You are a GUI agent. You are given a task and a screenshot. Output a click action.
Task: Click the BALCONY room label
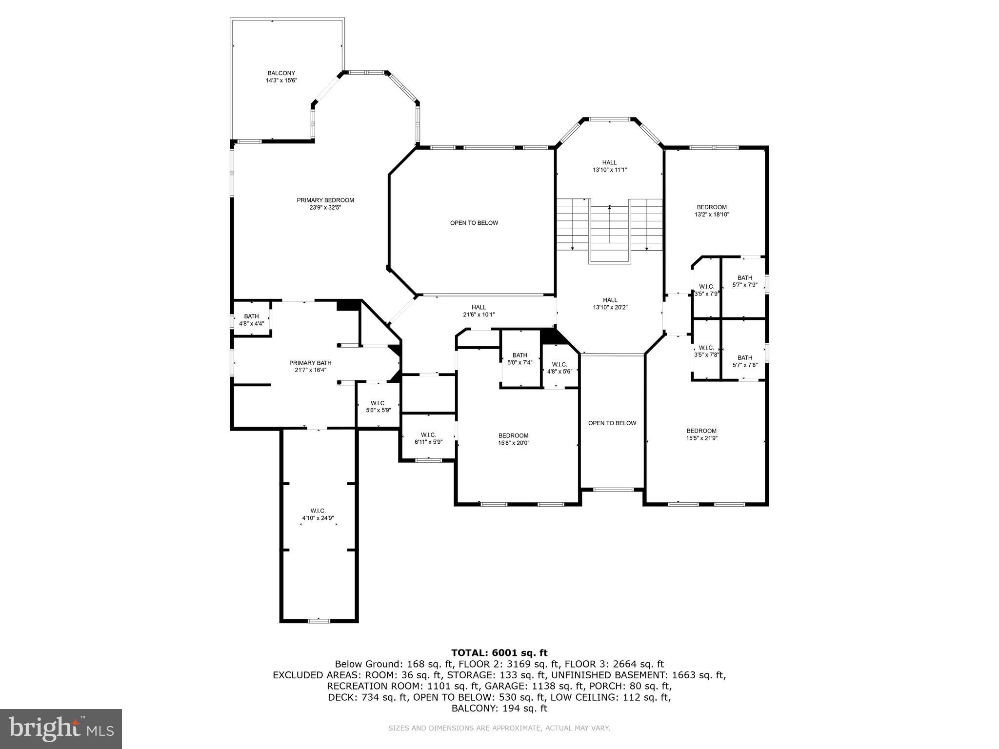click(x=281, y=73)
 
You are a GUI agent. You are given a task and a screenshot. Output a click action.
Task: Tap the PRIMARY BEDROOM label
click(x=325, y=200)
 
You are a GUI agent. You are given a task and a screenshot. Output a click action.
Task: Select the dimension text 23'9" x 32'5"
click(x=325, y=207)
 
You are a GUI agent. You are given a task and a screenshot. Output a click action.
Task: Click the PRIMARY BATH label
click(x=310, y=363)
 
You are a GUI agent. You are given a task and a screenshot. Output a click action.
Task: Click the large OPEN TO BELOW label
click(x=474, y=223)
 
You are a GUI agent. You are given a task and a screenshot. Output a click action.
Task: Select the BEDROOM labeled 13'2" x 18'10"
click(x=712, y=207)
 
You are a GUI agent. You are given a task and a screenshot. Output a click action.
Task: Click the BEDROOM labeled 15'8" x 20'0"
click(x=513, y=435)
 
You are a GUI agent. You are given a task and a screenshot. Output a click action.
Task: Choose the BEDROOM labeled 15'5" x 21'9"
click(x=701, y=431)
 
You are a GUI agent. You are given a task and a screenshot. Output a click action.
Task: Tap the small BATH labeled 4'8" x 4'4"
click(x=251, y=316)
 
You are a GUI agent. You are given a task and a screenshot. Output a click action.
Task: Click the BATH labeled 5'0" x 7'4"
click(x=519, y=355)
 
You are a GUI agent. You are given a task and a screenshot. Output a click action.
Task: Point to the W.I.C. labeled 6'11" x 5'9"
click(x=428, y=435)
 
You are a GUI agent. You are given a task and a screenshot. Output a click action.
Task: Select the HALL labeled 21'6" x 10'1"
click(x=479, y=307)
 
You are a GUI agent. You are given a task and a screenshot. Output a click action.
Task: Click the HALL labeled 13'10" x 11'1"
click(x=609, y=162)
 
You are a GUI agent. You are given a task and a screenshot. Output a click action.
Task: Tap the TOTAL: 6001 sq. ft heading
click(x=499, y=653)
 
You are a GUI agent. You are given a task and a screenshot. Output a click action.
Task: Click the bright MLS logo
click(x=61, y=729)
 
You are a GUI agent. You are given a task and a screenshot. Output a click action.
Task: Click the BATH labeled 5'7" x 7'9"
click(x=744, y=278)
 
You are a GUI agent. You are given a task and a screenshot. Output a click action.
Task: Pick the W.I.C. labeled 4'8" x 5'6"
click(x=559, y=365)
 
